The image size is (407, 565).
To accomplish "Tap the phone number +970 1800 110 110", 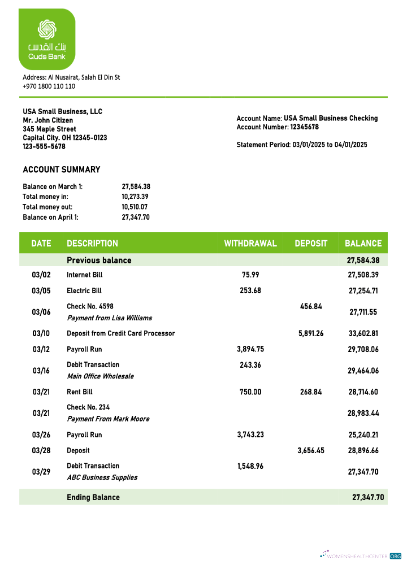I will pyautogui.click(x=49, y=86).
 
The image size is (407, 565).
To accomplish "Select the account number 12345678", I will pyautogui.click(x=304, y=127).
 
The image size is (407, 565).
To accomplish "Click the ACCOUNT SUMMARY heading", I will pyautogui.click(x=62, y=169).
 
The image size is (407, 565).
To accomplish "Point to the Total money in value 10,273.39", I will pyautogui.click(x=136, y=197).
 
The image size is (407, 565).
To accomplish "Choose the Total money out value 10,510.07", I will pyautogui.click(x=136, y=207).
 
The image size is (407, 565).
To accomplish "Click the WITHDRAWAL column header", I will pyautogui.click(x=250, y=244).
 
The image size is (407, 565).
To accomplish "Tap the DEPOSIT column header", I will pyautogui.click(x=311, y=244).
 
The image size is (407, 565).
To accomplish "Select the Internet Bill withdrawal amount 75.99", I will pyautogui.click(x=250, y=275).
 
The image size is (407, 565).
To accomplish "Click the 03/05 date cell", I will pyautogui.click(x=41, y=291).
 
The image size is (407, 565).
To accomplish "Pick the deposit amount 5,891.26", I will pyautogui.click(x=311, y=333).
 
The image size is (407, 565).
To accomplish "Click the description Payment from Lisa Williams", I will pyautogui.click(x=109, y=318).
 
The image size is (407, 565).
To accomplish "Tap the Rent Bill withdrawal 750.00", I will pyautogui.click(x=250, y=392).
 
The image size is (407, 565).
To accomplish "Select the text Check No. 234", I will pyautogui.click(x=88, y=407).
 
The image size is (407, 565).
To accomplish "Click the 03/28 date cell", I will pyautogui.click(x=41, y=451).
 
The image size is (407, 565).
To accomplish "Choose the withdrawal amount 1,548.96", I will pyautogui.click(x=250, y=466).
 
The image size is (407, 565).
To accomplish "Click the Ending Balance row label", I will pyautogui.click(x=93, y=497).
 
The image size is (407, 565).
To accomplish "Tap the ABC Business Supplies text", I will pyautogui.click(x=102, y=477).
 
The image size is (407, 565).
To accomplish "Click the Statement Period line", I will pyautogui.click(x=302, y=145).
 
